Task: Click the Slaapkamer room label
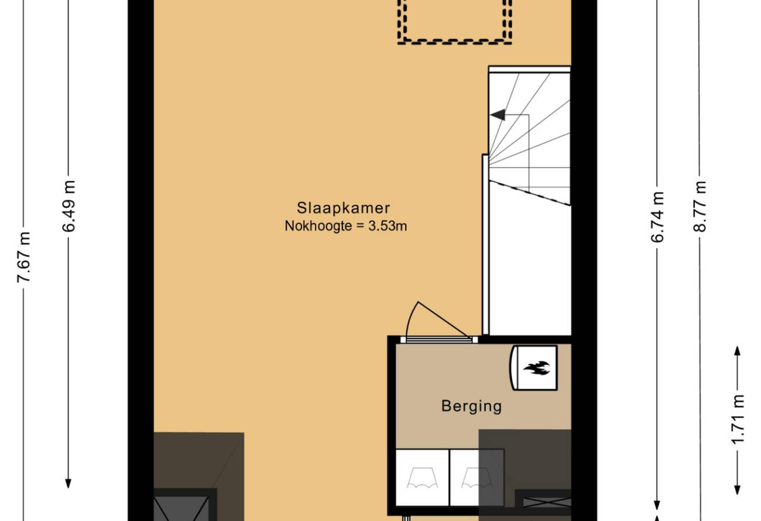(x=343, y=208)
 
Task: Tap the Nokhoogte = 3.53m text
(x=345, y=226)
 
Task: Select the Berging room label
(x=471, y=406)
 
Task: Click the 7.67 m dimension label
(x=25, y=258)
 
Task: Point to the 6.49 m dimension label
(x=68, y=207)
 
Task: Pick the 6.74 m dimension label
(x=657, y=217)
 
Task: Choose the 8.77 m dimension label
(x=700, y=207)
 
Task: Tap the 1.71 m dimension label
(x=738, y=420)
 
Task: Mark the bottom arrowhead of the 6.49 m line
(x=68, y=484)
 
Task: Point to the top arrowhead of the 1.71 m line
(x=738, y=351)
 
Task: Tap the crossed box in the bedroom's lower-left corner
(x=181, y=505)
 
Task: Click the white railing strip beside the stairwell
(x=486, y=245)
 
